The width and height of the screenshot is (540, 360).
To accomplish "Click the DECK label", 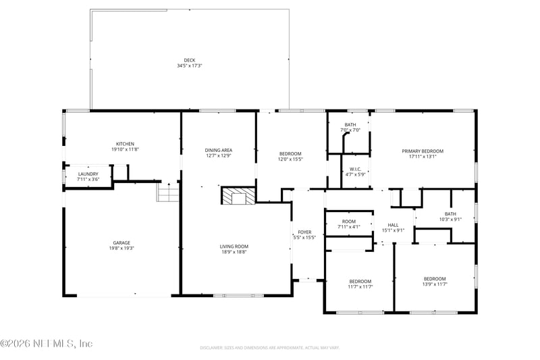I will (190, 59).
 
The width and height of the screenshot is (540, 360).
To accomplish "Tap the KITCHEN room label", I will (125, 144).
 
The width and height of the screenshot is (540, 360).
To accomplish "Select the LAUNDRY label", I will (88, 174).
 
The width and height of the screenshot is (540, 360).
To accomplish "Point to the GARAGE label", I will (122, 242).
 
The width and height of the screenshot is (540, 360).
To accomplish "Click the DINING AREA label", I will (219, 150).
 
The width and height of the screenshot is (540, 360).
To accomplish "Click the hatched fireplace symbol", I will (238, 196).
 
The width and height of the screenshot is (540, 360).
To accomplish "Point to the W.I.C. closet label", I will (356, 169).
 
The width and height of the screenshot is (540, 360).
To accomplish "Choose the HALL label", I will (393, 225).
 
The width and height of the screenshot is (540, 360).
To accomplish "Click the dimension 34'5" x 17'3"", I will (190, 66).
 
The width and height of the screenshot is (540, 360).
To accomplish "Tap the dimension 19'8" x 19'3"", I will (122, 249).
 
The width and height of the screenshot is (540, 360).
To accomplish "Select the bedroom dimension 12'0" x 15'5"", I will (290, 159).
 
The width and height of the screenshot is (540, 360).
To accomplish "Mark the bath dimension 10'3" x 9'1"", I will (450, 219).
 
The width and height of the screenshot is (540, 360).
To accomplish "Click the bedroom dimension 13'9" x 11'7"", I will (435, 284).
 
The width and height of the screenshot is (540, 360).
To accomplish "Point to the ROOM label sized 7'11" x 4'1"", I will (349, 221).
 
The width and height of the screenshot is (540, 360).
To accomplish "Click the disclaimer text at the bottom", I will (269, 348).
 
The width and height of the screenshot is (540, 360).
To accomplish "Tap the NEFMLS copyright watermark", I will (47, 343).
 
